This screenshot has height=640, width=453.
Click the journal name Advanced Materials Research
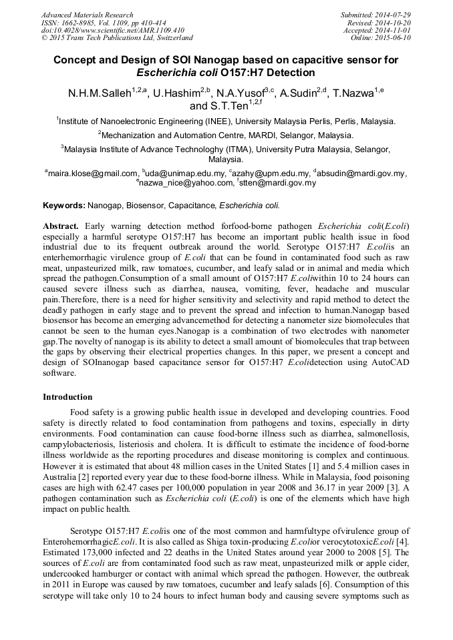(87, 15)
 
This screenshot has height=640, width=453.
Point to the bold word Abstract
(61, 226)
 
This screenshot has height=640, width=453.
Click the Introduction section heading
(67, 397)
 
